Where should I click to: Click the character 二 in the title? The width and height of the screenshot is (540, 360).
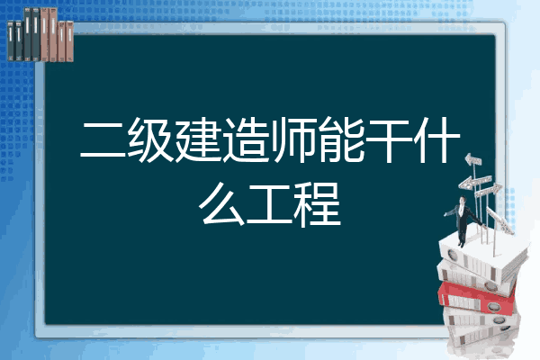click(103, 139)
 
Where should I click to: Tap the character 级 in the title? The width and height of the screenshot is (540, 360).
click(150, 139)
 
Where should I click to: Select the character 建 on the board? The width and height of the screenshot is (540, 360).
click(198, 139)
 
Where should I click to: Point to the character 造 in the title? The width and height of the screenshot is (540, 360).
click(246, 139)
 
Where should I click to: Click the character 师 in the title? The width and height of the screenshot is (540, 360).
click(293, 139)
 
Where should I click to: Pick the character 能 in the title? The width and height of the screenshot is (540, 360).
click(341, 139)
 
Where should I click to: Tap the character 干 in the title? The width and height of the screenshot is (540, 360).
click(389, 139)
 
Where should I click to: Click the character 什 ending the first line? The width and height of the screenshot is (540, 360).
click(436, 139)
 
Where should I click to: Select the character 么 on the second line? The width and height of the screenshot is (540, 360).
click(221, 204)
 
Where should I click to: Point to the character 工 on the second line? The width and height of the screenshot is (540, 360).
click(269, 205)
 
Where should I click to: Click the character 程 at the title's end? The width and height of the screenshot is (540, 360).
click(317, 204)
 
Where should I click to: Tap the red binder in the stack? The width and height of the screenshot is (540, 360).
click(477, 298)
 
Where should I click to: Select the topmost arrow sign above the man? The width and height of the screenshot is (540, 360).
click(473, 160)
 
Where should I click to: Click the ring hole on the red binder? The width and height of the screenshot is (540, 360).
click(493, 306)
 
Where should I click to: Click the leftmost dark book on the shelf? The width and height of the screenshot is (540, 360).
click(11, 40)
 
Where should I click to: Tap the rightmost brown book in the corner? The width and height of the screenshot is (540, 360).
click(69, 41)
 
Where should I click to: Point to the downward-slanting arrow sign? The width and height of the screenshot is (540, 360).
click(500, 220)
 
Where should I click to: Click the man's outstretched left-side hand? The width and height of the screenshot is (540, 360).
click(446, 214)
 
